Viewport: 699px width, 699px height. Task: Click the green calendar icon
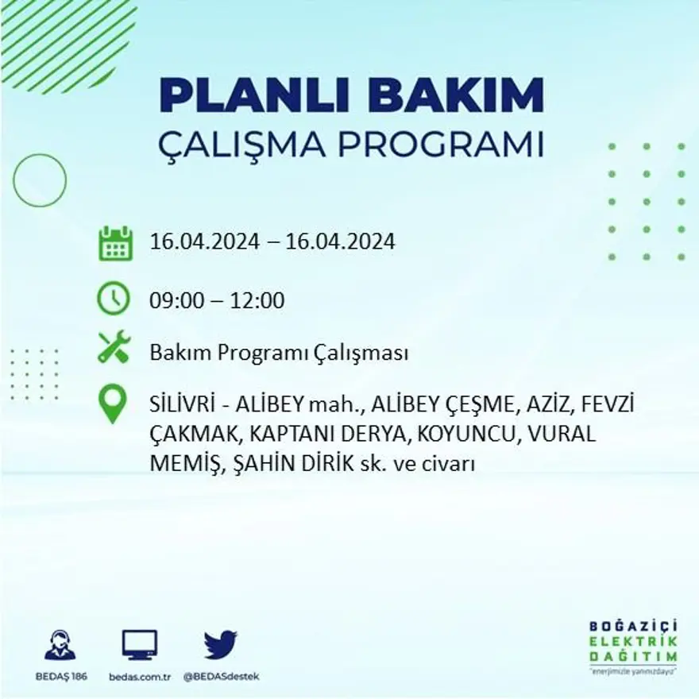[115, 243]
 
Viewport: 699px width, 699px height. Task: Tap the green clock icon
[114, 299]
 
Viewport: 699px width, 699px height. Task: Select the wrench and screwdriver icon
[114, 348]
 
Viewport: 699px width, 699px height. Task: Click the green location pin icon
[113, 404]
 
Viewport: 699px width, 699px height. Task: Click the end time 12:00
[258, 301]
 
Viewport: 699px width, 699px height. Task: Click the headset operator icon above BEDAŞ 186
[60, 645]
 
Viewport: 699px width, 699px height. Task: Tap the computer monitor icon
[140, 644]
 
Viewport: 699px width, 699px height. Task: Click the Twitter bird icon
[220, 644]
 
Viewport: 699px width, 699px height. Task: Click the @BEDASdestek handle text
[221, 676]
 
